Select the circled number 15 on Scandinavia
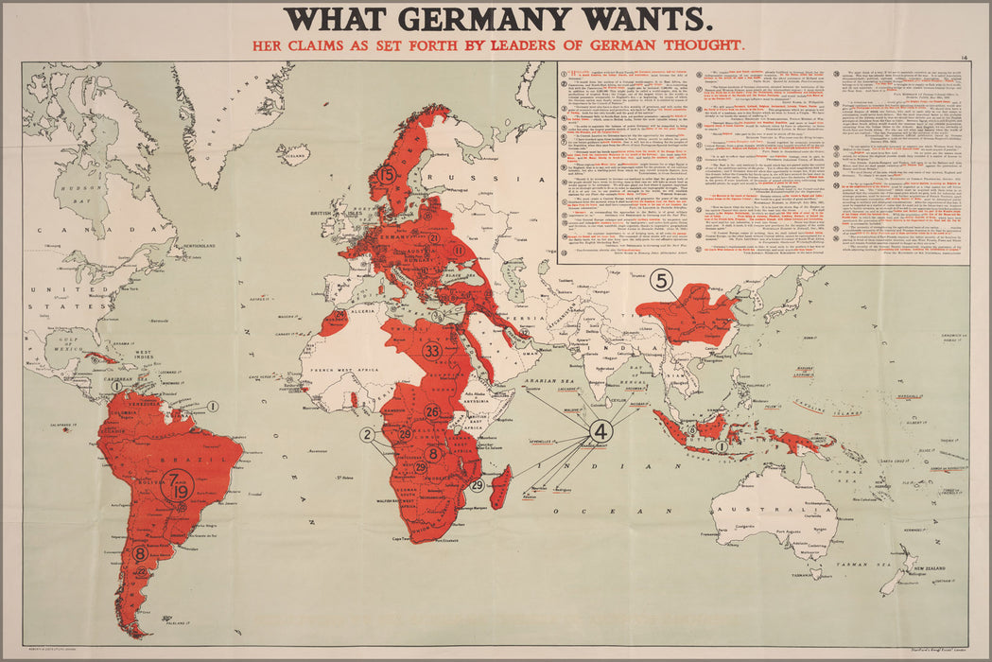[x=386, y=175]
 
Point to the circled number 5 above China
[x=661, y=280]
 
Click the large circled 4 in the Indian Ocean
[x=600, y=430]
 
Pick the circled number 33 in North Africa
[x=432, y=351]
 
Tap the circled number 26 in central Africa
[x=431, y=411]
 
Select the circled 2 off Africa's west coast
[x=367, y=435]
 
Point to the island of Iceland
[x=295, y=154]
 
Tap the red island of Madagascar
[x=501, y=480]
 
